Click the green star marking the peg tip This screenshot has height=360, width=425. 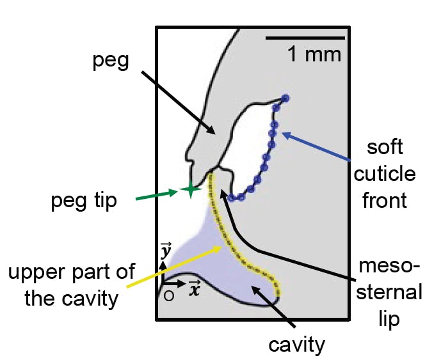[x=190, y=189]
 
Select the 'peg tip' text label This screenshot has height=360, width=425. [x=84, y=201]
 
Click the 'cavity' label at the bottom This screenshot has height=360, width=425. [x=296, y=345]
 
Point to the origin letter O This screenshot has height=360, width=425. [x=169, y=295]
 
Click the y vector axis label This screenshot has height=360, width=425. [x=165, y=251]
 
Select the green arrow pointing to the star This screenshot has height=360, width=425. [x=157, y=194]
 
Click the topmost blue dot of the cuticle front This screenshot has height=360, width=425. [x=285, y=98]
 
